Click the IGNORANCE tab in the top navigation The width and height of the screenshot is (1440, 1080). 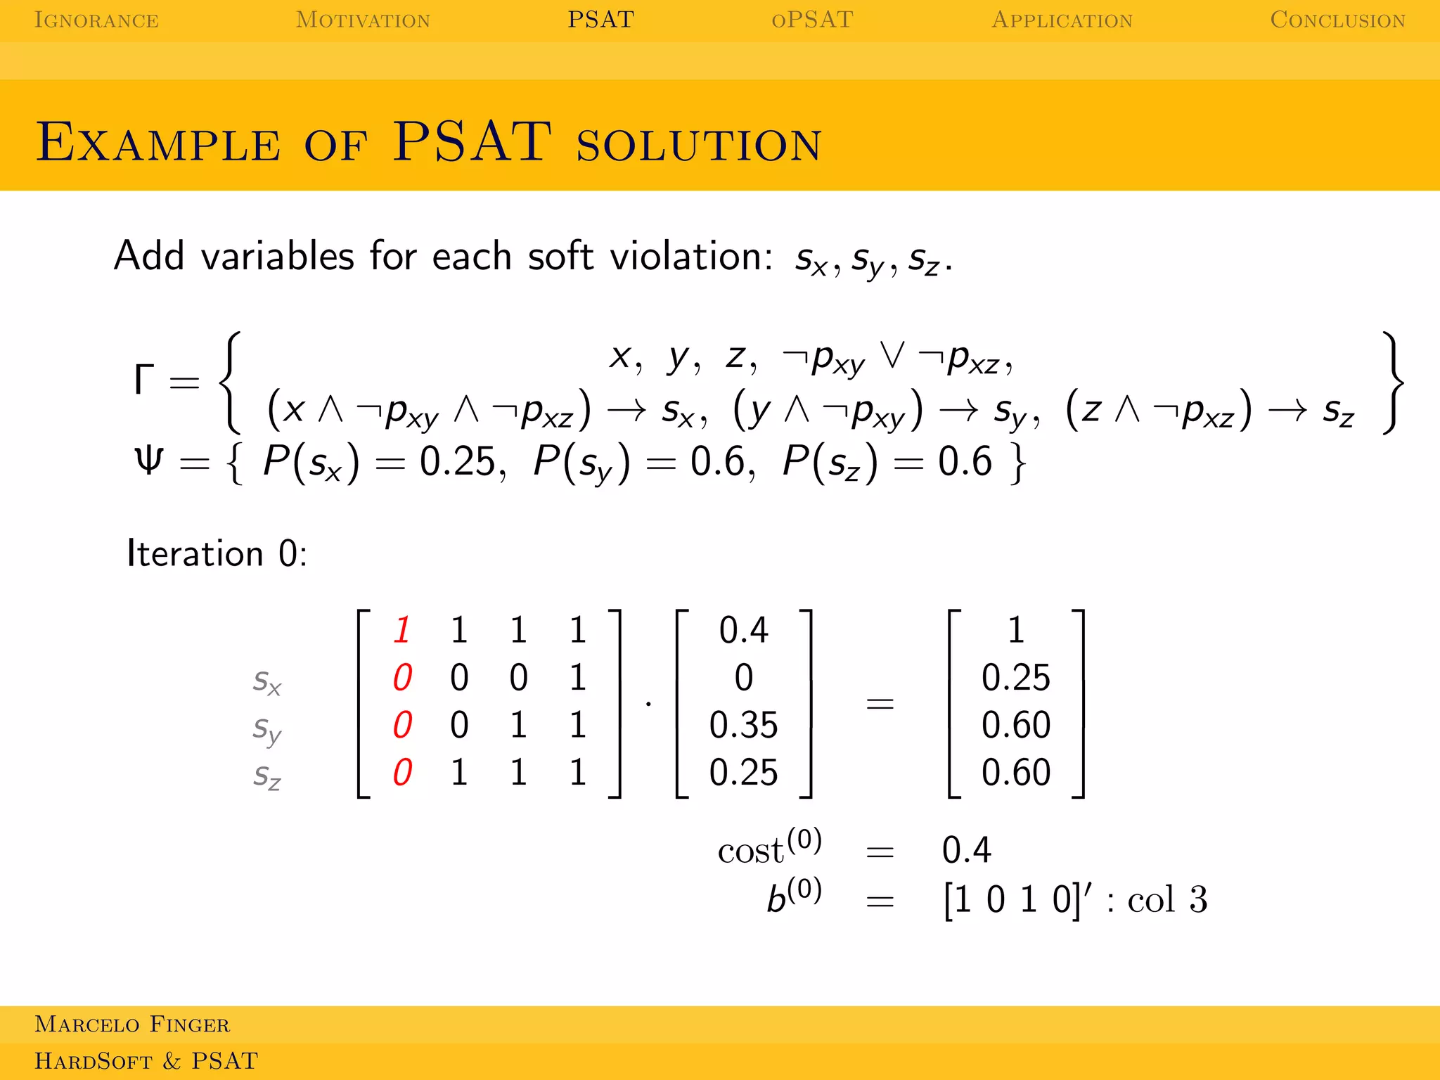coord(96,20)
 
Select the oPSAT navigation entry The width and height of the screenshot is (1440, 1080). coord(812,20)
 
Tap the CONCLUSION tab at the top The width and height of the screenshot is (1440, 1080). coord(1337,20)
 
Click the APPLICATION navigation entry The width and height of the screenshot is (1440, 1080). coord(1062,20)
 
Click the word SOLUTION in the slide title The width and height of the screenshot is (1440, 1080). coord(699,145)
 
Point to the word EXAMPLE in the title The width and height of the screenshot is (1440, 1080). coord(158,143)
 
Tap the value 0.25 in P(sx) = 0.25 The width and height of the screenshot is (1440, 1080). coord(461,462)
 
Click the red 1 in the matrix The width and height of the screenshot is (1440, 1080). coord(402,629)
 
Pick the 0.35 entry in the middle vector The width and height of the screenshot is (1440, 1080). coord(743,725)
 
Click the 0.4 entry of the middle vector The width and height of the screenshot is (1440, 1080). coord(743,629)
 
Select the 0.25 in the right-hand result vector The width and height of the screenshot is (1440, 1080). coord(1015,677)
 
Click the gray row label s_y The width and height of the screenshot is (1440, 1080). coord(267,729)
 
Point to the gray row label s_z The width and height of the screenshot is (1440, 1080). coord(267,776)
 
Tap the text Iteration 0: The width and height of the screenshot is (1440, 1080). coord(217,553)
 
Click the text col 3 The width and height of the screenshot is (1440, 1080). coord(1167,899)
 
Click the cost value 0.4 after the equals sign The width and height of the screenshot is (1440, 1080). coord(966,850)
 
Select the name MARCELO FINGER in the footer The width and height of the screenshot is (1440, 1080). coord(132,1024)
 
